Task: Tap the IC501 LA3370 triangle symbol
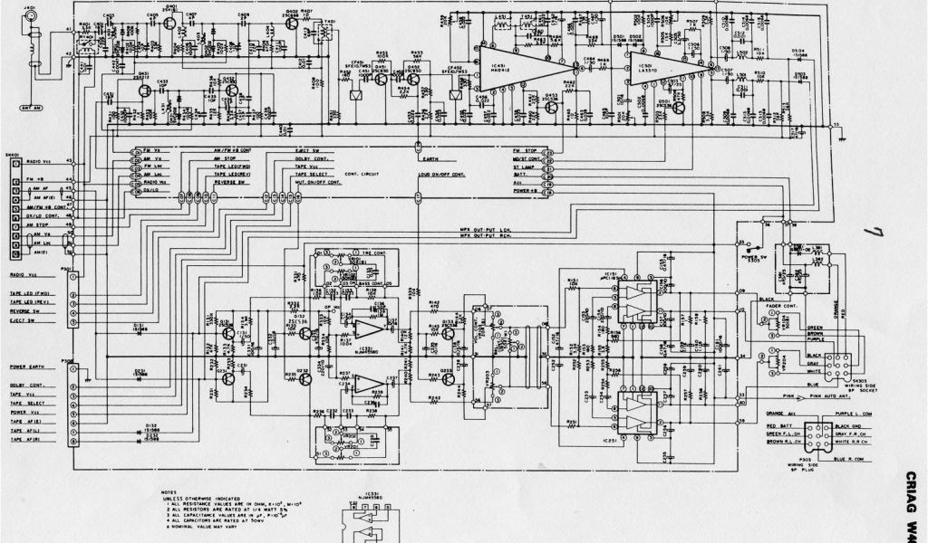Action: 657,68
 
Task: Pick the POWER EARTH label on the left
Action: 29,367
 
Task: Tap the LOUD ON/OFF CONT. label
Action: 442,172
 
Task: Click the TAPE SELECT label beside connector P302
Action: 29,405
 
